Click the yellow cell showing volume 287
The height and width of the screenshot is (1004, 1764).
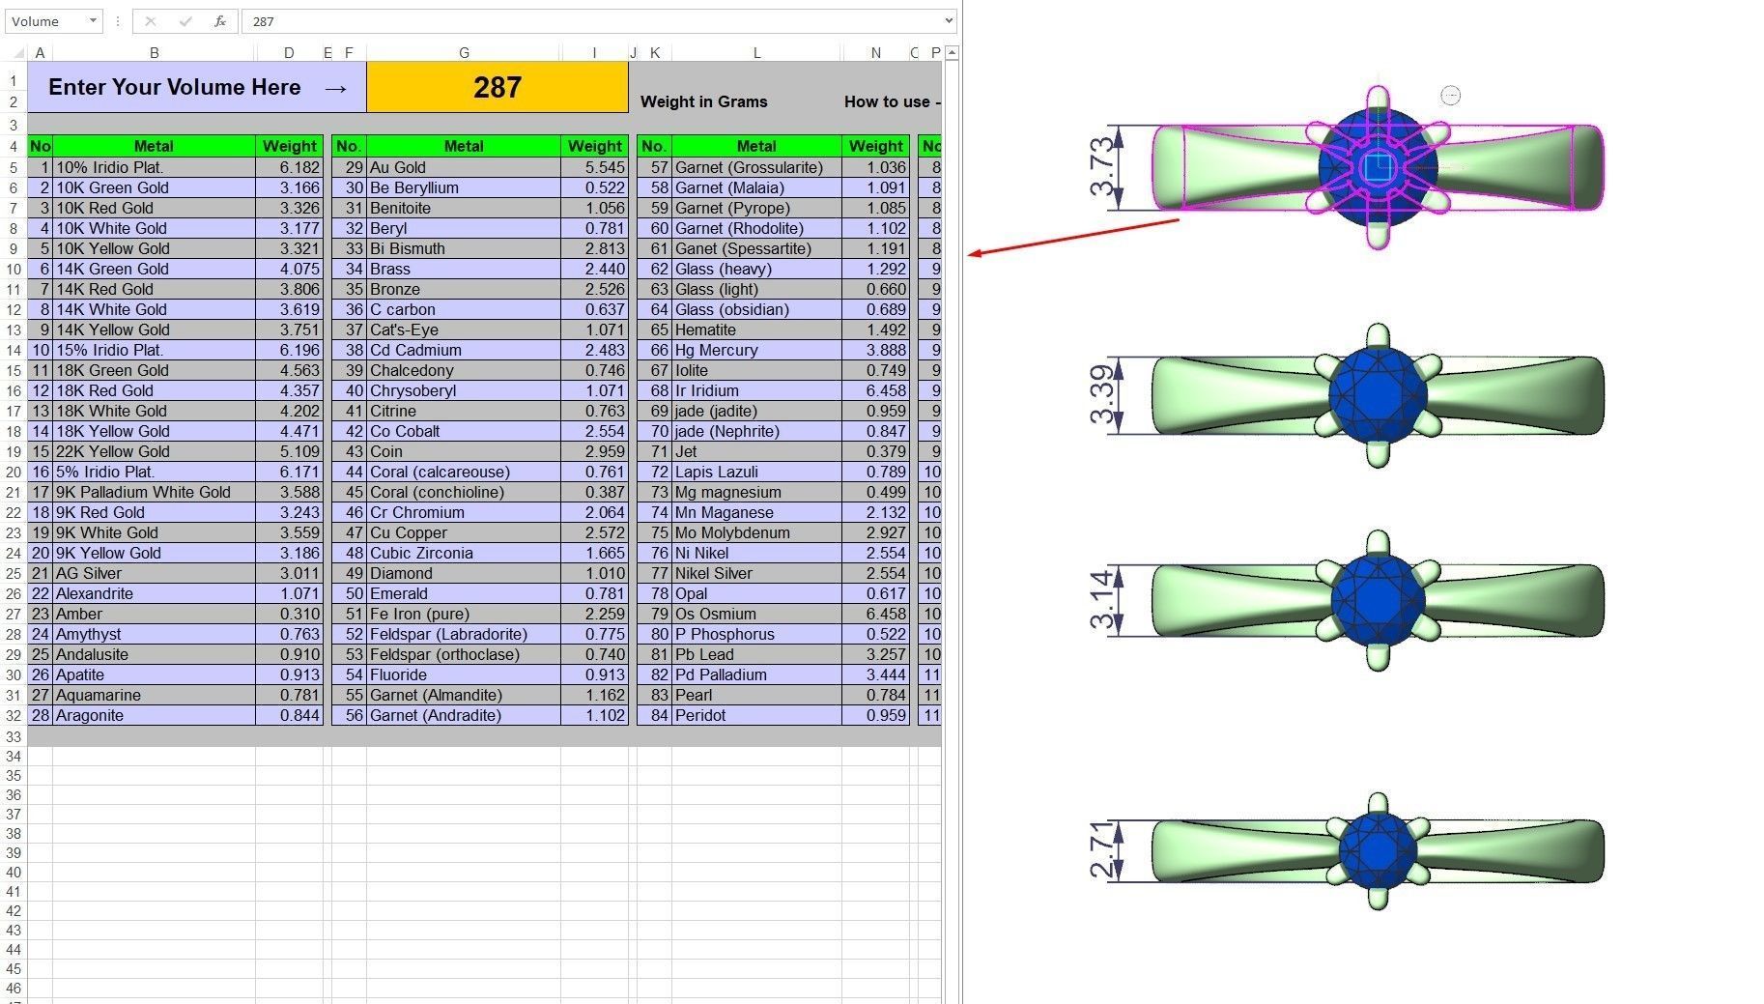[x=498, y=87]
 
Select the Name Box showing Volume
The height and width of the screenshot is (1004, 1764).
[x=54, y=20]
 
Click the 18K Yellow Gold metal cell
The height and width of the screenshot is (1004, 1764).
[x=155, y=431]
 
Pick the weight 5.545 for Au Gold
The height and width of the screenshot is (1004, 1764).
[x=595, y=167]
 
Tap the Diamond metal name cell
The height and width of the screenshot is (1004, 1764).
[x=464, y=573]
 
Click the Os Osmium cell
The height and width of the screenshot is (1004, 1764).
[x=756, y=614]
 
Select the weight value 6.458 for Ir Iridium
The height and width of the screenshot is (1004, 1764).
[x=876, y=390]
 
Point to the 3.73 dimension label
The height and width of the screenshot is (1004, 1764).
[x=1101, y=167]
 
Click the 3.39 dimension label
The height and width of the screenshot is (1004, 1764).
[x=1101, y=395]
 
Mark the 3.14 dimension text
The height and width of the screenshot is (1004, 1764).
[x=1101, y=600]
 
